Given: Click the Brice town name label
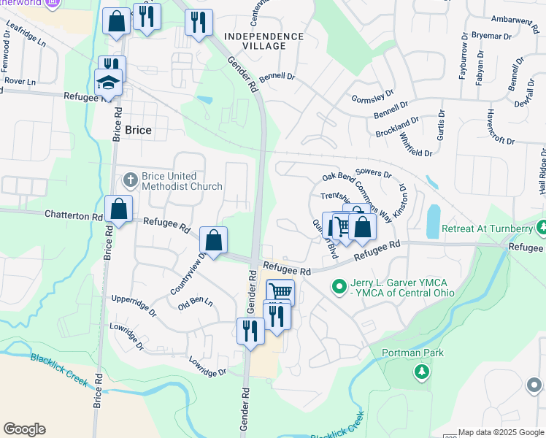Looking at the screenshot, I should [139, 130].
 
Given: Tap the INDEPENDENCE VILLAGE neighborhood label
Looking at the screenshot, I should [264, 41].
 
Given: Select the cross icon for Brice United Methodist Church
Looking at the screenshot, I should [130, 179].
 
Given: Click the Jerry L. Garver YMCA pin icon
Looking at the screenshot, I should [338, 286].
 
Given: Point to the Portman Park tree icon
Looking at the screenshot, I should [421, 373].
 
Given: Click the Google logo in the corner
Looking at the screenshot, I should [24, 429].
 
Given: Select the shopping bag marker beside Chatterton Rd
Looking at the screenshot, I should [118, 210].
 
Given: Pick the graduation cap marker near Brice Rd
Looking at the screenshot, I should [108, 83].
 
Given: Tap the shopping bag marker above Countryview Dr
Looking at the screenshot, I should [213, 240].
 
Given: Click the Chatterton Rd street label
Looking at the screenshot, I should [74, 216].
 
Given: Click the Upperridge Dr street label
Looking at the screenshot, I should [134, 304].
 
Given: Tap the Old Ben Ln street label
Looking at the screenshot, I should [195, 301].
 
